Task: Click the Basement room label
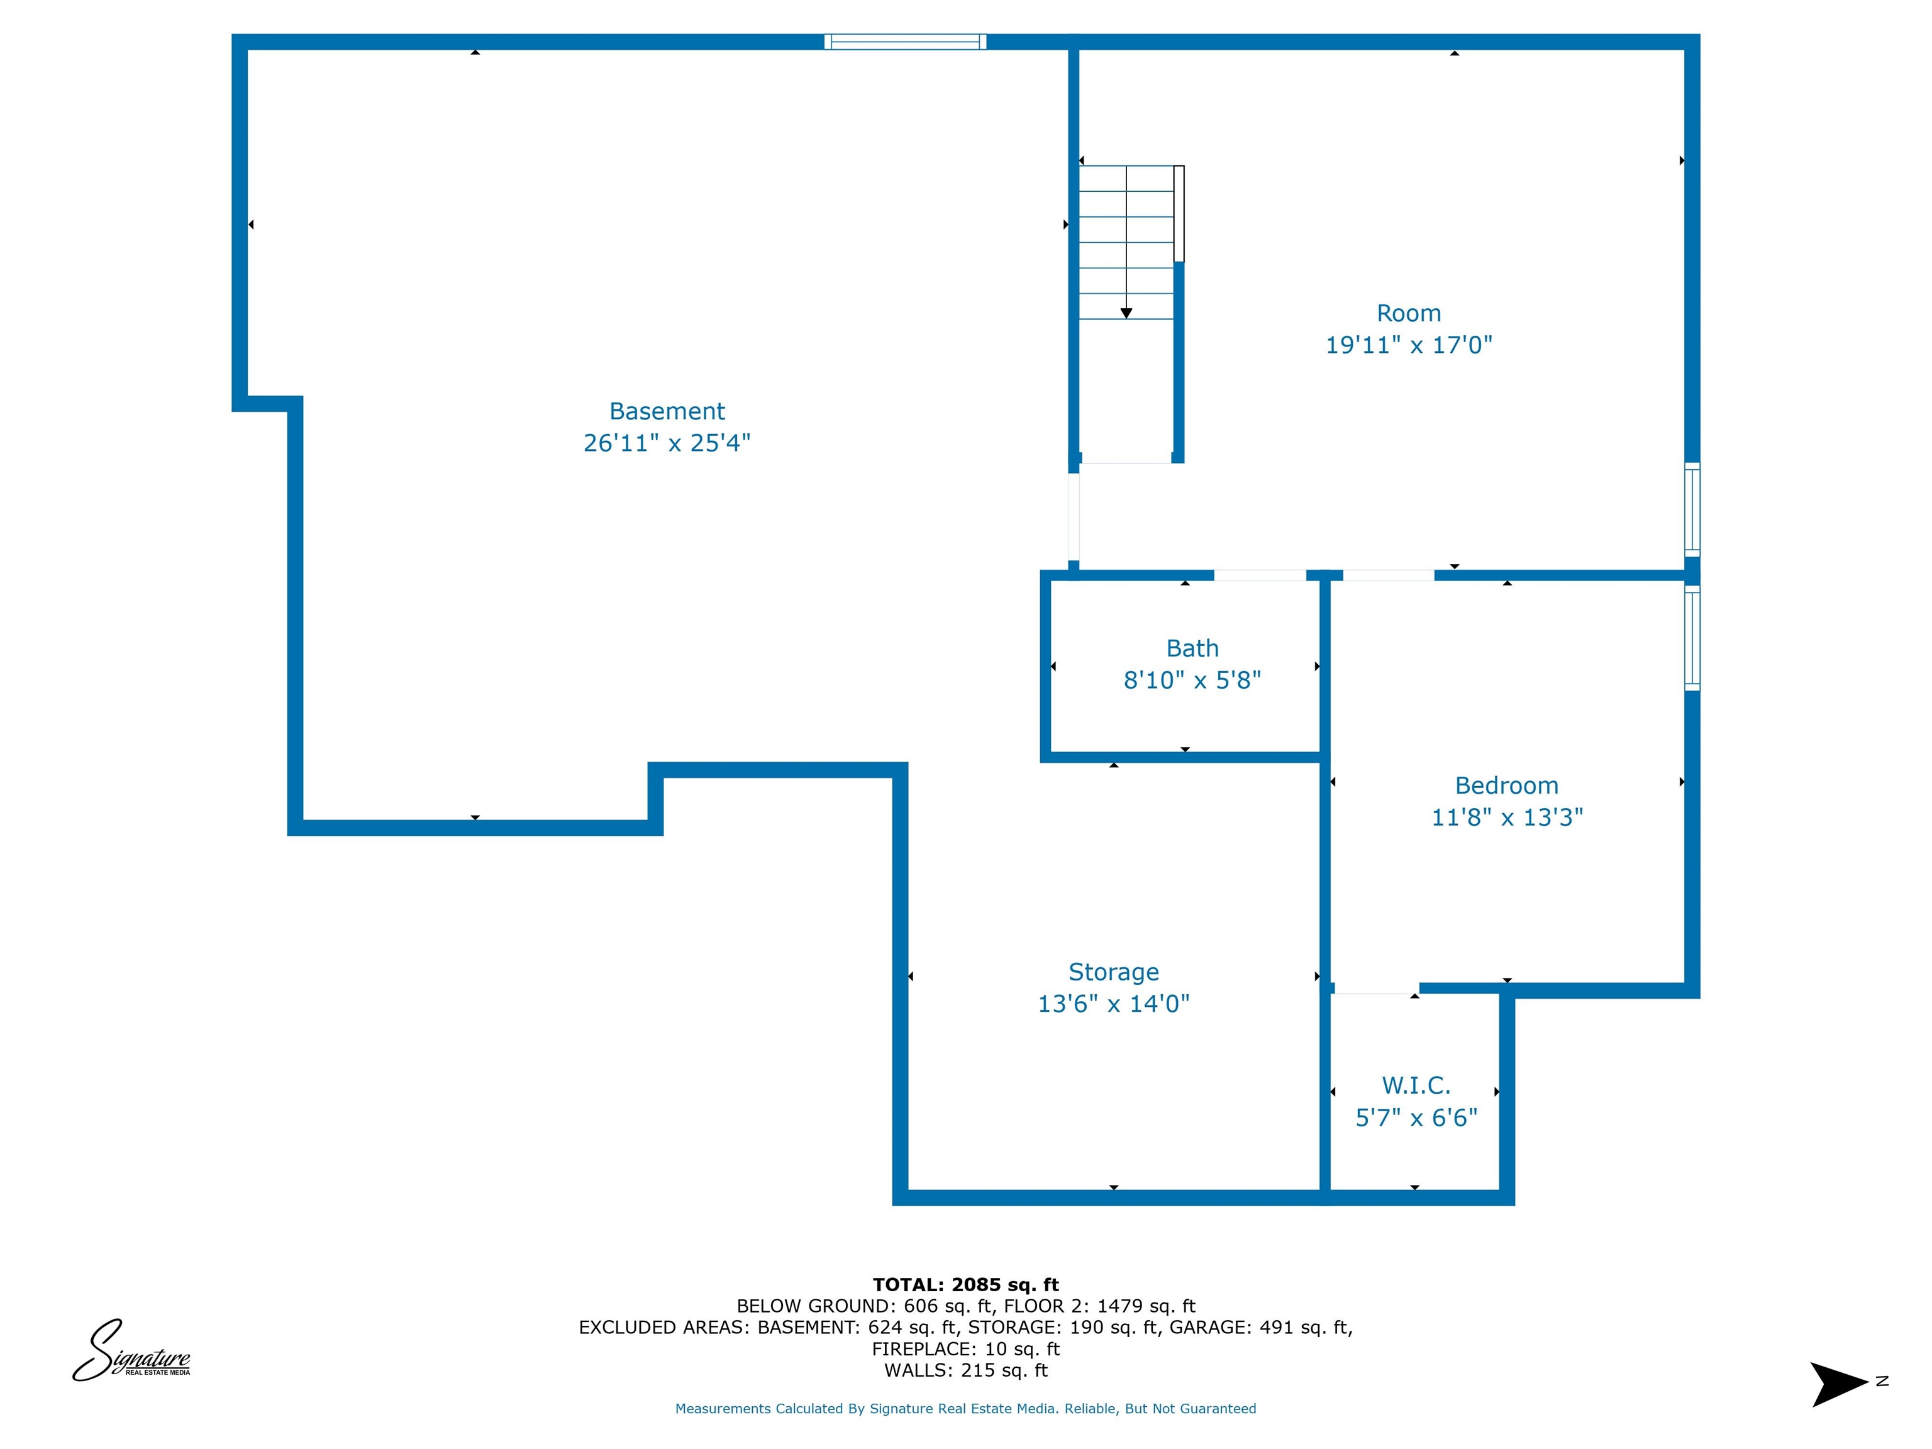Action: coord(667,411)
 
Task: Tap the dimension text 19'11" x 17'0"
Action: coord(1409,345)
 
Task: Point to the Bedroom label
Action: coord(1507,786)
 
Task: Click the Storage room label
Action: coord(1114,972)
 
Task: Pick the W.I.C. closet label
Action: coord(1416,1085)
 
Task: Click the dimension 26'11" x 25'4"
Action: coord(667,443)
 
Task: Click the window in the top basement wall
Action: coord(905,41)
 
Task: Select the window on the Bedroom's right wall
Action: coord(1692,638)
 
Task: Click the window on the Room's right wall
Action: coord(1692,509)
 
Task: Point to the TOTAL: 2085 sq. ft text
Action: coord(966,1285)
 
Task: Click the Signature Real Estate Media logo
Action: coord(131,1350)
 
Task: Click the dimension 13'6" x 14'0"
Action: coord(1114,1004)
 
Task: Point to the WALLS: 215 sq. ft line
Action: coord(966,1370)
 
